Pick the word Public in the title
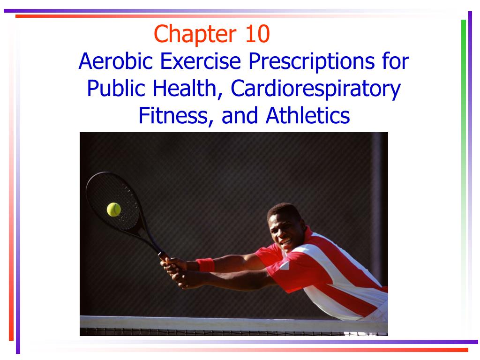pos(112,89)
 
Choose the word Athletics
pos(307,116)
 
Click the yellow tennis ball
pos(113,209)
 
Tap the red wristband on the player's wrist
pos(205,265)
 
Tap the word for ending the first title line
pos(397,61)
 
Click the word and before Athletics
pos(240,116)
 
